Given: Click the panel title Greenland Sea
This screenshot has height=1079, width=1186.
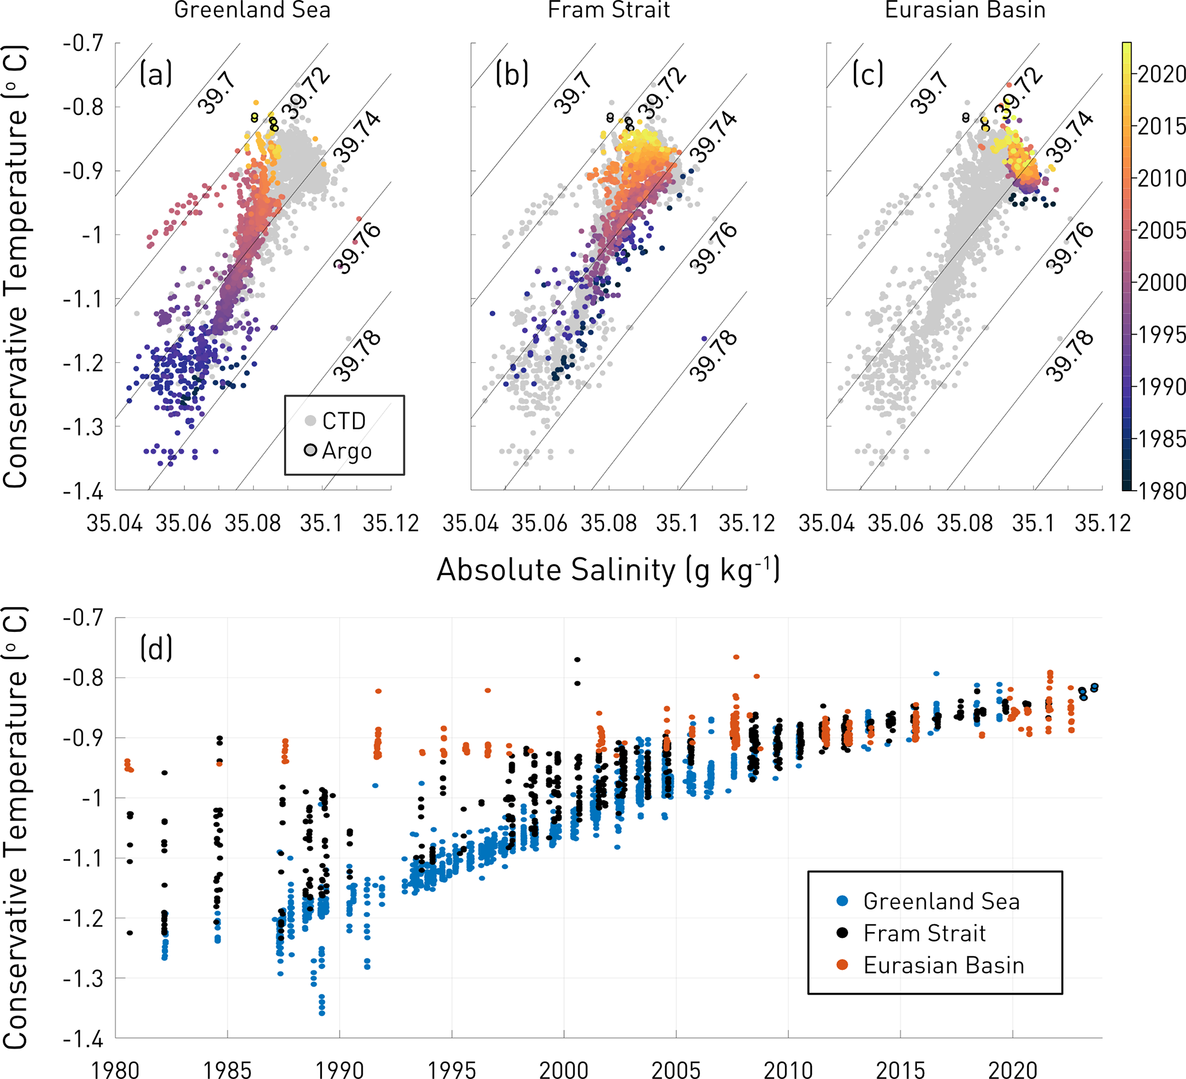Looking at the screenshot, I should pos(252,10).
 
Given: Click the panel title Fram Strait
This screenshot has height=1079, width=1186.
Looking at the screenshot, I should pos(608,10).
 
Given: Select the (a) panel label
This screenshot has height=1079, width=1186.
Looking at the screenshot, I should pos(155,75).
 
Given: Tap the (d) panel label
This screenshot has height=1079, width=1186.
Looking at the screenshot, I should pos(156,649).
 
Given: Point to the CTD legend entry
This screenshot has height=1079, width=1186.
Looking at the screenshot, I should pos(344,421).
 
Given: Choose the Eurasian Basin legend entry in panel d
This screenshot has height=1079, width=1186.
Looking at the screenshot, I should pos(944,965).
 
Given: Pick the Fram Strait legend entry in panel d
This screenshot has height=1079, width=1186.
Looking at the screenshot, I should pos(924,933).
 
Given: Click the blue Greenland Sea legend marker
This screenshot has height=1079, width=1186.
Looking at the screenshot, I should pos(842,901).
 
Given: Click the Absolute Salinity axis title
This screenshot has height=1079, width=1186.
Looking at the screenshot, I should pos(608,570).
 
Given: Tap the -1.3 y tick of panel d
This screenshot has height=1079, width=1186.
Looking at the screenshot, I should pos(84,979).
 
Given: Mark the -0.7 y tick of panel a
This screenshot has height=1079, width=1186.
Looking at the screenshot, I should pos(84,44).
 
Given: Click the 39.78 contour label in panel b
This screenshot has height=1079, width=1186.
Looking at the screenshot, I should pos(714,355).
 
